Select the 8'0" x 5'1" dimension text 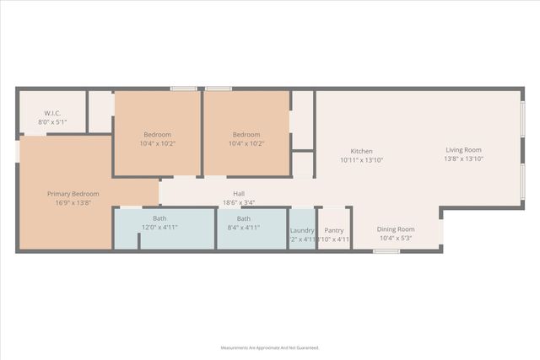click(52, 122)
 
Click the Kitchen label click(362, 150)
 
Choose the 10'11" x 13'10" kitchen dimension click(362, 159)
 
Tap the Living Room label click(464, 149)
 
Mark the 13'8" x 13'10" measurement click(464, 159)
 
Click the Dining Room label click(396, 229)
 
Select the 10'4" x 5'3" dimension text click(396, 239)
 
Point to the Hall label click(239, 194)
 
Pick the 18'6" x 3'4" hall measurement click(239, 203)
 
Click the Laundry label click(302, 230)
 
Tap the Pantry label click(334, 230)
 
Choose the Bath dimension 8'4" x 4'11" click(243, 228)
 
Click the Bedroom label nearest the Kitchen click(246, 135)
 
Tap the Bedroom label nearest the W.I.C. click(157, 135)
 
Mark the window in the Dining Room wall click(386, 251)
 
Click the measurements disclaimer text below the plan click(270, 347)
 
